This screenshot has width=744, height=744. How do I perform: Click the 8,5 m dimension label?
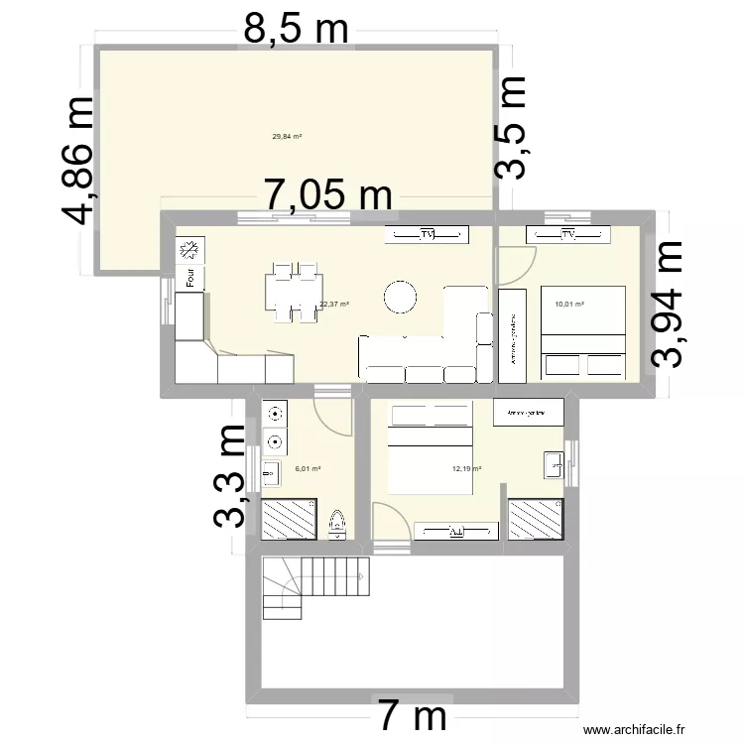click(297, 30)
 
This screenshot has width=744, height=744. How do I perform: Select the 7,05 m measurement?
click(327, 195)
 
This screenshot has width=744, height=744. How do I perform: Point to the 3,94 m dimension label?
click(667, 304)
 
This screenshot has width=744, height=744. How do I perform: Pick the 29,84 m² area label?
click(287, 138)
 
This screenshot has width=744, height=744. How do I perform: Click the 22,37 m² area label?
click(334, 305)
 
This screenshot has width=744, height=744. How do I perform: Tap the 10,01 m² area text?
click(569, 305)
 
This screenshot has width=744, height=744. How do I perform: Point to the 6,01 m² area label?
click(308, 469)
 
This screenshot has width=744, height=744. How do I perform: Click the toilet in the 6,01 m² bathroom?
click(336, 523)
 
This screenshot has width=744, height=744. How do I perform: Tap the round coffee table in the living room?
click(402, 297)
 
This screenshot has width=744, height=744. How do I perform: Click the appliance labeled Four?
click(188, 279)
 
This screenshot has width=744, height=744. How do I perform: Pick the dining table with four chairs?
click(291, 293)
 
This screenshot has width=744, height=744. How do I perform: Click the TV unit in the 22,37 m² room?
click(428, 235)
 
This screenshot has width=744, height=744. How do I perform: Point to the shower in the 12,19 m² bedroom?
click(537, 519)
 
